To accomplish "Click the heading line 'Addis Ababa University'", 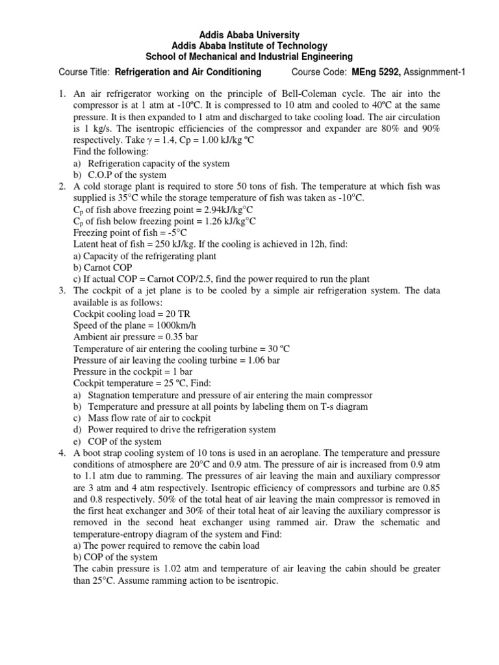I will pos(249,34).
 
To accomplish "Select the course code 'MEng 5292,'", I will pos(379,71).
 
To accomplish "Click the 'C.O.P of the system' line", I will pos(127,175).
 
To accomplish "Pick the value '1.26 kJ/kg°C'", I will pos(223,221).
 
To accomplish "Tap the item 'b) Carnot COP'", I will pos(103,268).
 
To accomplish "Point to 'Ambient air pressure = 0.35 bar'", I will pos(136,337).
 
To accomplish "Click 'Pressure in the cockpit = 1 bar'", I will pos(133,371).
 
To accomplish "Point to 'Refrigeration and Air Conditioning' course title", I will pos(188,71).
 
